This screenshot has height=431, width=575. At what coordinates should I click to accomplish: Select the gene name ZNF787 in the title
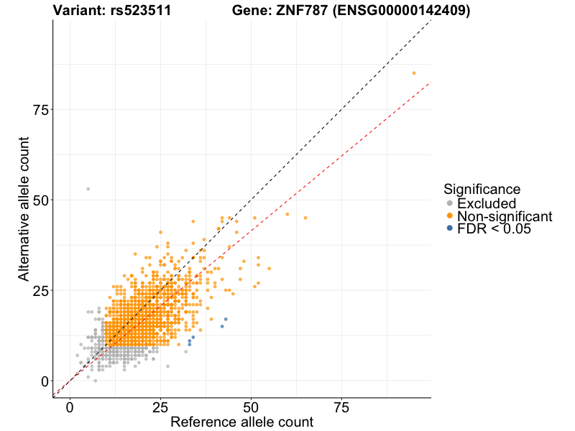300,11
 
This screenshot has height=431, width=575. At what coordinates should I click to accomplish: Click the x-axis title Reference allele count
241,422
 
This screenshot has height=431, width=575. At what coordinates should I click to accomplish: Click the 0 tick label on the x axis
70,408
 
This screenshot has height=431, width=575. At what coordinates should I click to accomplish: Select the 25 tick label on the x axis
160,408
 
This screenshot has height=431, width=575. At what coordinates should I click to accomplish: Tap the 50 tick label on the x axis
251,408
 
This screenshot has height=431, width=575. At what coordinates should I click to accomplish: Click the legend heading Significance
482,189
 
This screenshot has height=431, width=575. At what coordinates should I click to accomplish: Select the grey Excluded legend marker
450,203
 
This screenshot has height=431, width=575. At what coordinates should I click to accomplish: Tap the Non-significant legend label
505,216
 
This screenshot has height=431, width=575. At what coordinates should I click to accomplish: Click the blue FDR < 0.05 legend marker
450,228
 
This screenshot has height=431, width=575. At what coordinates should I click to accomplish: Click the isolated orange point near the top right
414,73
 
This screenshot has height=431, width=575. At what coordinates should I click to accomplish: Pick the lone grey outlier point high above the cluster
88,189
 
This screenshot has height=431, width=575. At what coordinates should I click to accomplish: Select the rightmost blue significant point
226,319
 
